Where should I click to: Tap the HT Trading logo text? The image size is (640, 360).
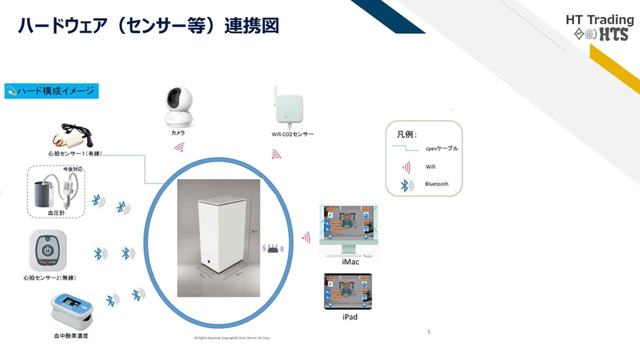[599, 20]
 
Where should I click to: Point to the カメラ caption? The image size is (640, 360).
[178, 133]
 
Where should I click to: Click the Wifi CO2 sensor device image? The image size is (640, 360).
[288, 105]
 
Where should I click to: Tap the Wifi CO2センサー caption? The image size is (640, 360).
[293, 134]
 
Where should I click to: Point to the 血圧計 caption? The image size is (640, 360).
[57, 213]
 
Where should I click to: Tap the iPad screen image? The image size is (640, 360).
[349, 291]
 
